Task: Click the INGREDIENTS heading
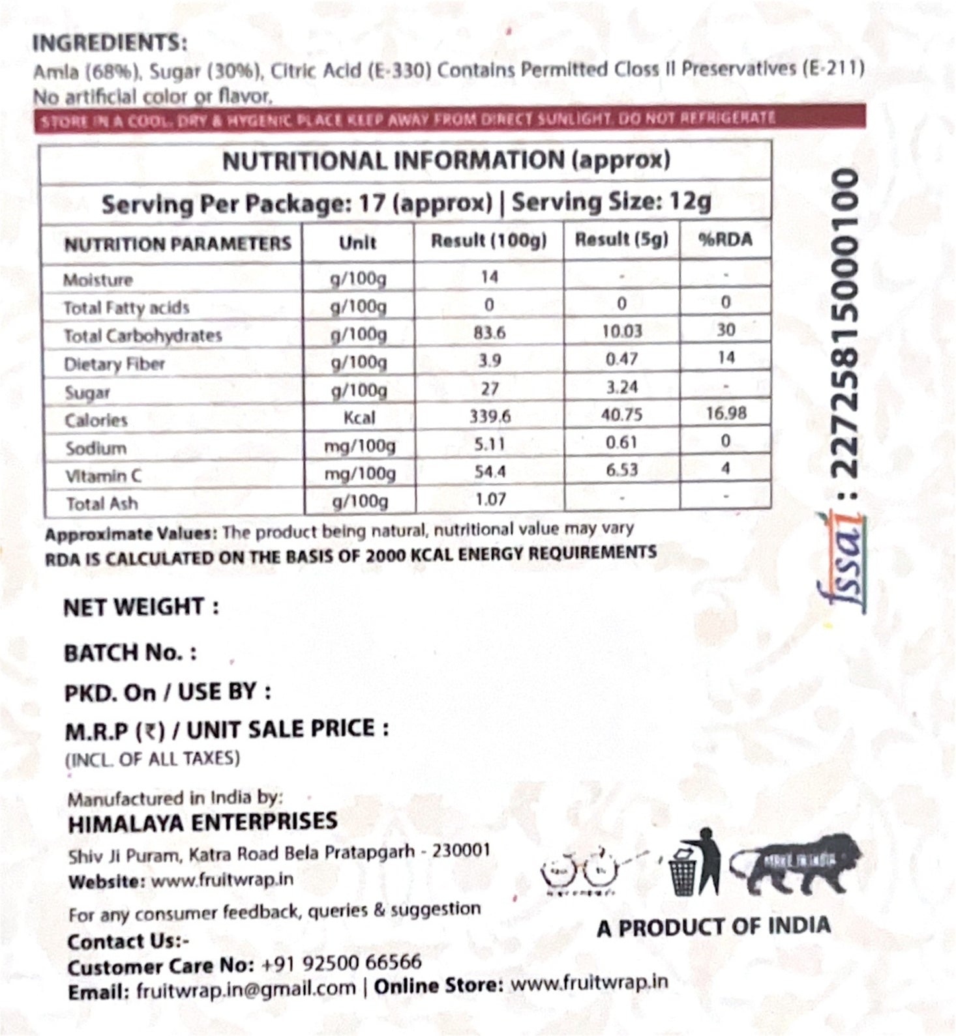[109, 43]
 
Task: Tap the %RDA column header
[725, 240]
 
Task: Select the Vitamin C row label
[103, 476]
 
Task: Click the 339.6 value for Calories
[489, 416]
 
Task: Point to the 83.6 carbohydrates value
[489, 332]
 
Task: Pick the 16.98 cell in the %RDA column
[726, 413]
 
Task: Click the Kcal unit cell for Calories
[359, 417]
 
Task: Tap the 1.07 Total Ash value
[490, 500]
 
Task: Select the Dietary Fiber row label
[114, 364]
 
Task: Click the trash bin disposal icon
[695, 863]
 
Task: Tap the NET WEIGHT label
[141, 607]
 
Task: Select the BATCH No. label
[130, 653]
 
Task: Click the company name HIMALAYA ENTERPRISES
[202, 822]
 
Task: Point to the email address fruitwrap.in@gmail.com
[246, 990]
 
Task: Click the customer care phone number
[341, 963]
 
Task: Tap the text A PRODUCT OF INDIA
[713, 927]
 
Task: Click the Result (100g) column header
[488, 241]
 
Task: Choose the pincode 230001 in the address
[462, 851]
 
